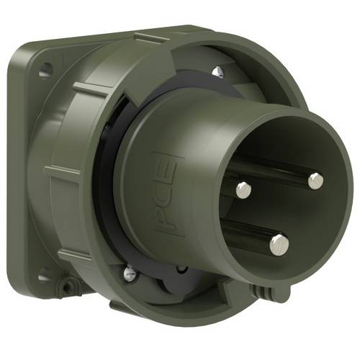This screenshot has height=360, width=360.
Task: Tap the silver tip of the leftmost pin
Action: click(243, 189)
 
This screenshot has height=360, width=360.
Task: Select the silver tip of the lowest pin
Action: click(279, 245)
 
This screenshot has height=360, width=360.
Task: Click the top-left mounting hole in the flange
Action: click(45, 71)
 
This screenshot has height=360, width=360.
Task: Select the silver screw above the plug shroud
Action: click(216, 71)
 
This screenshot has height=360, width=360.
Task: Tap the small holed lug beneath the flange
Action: click(69, 286)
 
